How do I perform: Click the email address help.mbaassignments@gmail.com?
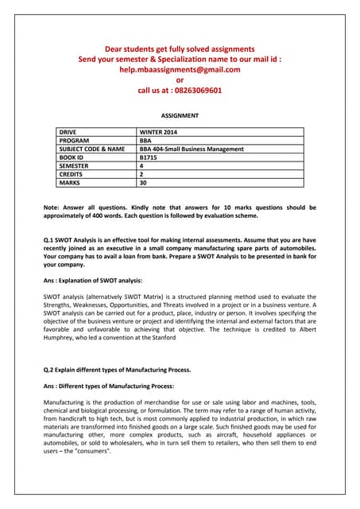tap(180, 69)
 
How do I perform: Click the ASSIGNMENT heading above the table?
tap(180, 115)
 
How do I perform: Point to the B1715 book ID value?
tap(149, 157)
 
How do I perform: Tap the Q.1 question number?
tap(51, 239)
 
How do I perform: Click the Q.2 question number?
tap(51, 370)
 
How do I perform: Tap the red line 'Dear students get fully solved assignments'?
tap(180, 49)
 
